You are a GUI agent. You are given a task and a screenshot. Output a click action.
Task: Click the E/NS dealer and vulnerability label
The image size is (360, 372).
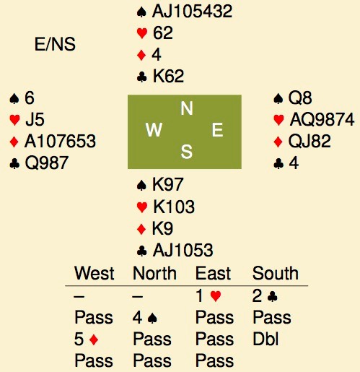(x=55, y=44)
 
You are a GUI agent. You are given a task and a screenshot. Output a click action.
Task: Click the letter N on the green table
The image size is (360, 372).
(x=187, y=108)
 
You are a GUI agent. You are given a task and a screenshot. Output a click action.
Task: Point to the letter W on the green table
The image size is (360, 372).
(x=154, y=130)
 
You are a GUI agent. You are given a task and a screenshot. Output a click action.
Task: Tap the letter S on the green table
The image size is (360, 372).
(x=187, y=152)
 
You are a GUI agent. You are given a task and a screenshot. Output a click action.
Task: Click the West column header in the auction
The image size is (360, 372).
(x=95, y=273)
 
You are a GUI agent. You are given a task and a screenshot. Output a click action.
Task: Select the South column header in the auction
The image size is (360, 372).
(x=276, y=273)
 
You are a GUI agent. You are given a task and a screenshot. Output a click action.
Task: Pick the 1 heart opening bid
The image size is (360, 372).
(x=208, y=296)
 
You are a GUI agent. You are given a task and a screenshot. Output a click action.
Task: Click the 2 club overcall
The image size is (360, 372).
(x=265, y=296)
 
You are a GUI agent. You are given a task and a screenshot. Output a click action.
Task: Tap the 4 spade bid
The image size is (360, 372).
(x=145, y=318)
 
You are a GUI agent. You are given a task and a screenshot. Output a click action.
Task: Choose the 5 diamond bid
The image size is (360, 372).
(x=87, y=339)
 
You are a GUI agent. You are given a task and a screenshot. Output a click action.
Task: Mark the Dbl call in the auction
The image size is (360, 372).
(x=265, y=339)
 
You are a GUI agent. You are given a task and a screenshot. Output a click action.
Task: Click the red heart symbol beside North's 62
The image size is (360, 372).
(x=142, y=33)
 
